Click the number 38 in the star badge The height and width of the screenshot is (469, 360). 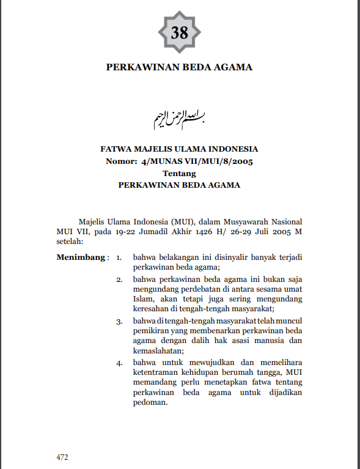[x=180, y=32]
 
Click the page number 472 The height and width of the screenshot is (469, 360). [x=62, y=456]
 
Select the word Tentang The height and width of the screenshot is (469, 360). [x=179, y=173]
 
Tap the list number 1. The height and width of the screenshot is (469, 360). [x=120, y=257]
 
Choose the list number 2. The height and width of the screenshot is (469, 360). [x=120, y=279]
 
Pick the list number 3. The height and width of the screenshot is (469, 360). [x=120, y=320]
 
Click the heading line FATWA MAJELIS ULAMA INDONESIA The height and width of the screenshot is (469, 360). [x=179, y=149]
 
